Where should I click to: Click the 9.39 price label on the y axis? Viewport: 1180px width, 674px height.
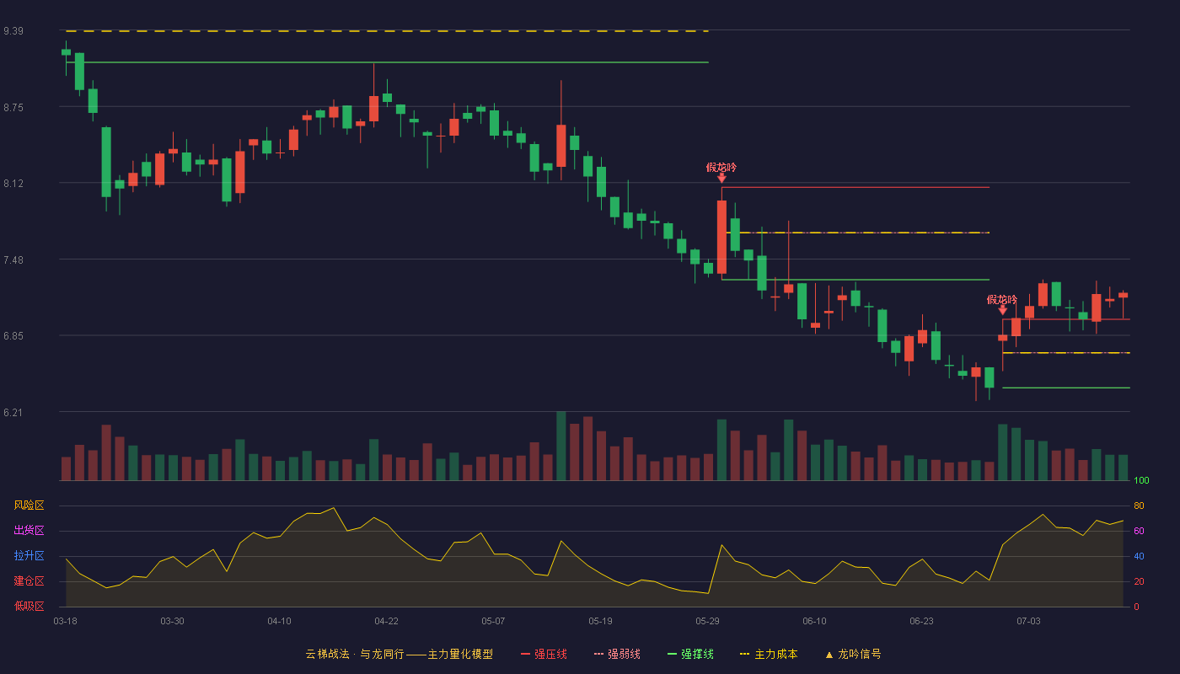(13, 31)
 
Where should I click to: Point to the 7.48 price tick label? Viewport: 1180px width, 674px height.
(13, 260)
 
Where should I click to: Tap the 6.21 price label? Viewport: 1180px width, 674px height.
(13, 412)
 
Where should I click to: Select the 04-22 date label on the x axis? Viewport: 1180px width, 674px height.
(386, 622)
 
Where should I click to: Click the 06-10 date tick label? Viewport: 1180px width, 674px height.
(814, 622)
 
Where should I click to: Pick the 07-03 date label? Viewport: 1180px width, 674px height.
(1028, 622)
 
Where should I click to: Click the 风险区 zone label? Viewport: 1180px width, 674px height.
(29, 505)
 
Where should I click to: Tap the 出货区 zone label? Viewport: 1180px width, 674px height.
(29, 530)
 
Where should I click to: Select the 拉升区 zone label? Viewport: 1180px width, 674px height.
(29, 555)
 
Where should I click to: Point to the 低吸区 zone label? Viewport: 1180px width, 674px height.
(29, 606)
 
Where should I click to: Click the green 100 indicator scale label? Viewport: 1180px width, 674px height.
(1141, 480)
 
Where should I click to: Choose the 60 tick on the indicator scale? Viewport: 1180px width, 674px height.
(1139, 531)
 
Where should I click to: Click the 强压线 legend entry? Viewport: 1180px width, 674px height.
(544, 654)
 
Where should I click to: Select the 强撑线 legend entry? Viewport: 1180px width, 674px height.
(690, 654)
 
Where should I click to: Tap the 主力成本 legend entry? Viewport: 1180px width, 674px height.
(769, 654)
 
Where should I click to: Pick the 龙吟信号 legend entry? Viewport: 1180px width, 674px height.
(853, 654)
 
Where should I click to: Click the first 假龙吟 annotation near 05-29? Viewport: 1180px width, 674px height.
(721, 168)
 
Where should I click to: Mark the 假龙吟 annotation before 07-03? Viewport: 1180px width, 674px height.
(1002, 300)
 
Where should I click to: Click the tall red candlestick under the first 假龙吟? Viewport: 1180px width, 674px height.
(721, 237)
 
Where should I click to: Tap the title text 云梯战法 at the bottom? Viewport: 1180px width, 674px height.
(327, 654)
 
